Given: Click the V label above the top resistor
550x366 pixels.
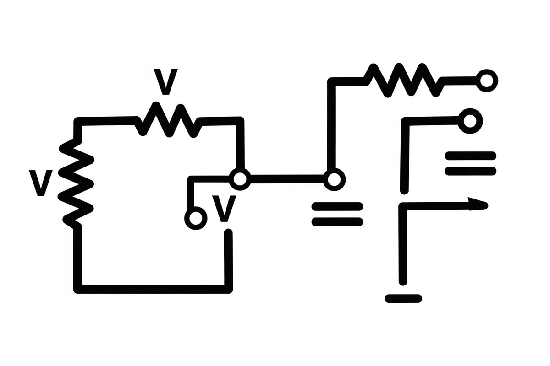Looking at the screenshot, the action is (x=165, y=81).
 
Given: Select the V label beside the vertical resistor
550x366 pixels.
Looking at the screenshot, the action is (x=41, y=183).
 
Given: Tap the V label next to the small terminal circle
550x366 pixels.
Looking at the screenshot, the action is (x=224, y=209).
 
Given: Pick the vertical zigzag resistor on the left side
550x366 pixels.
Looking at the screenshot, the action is (x=76, y=183).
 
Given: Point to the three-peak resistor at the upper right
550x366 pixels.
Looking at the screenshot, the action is (x=404, y=80).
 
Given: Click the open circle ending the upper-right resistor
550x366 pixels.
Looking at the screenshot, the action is (x=487, y=81).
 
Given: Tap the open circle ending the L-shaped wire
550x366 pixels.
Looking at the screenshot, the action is (x=470, y=121).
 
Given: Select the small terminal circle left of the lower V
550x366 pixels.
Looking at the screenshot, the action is (x=196, y=218).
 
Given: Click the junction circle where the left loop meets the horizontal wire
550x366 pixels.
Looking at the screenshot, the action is (x=240, y=179).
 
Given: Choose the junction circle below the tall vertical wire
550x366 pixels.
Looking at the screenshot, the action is (x=334, y=180).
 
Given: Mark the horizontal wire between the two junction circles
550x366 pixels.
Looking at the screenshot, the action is (x=287, y=179).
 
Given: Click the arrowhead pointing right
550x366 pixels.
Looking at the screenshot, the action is (x=478, y=204).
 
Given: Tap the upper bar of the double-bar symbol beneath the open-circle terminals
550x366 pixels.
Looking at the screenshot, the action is (x=471, y=156).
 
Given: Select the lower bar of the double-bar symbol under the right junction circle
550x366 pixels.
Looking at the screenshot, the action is (x=337, y=222).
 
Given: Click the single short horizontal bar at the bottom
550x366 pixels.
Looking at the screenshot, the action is (x=403, y=299).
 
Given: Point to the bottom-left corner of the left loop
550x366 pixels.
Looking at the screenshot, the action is (x=77, y=289).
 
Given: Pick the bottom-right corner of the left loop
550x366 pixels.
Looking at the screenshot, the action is (x=228, y=289).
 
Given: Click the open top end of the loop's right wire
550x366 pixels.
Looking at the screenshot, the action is (x=228, y=232).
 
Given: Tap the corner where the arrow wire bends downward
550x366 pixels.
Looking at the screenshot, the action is (x=403, y=207).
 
